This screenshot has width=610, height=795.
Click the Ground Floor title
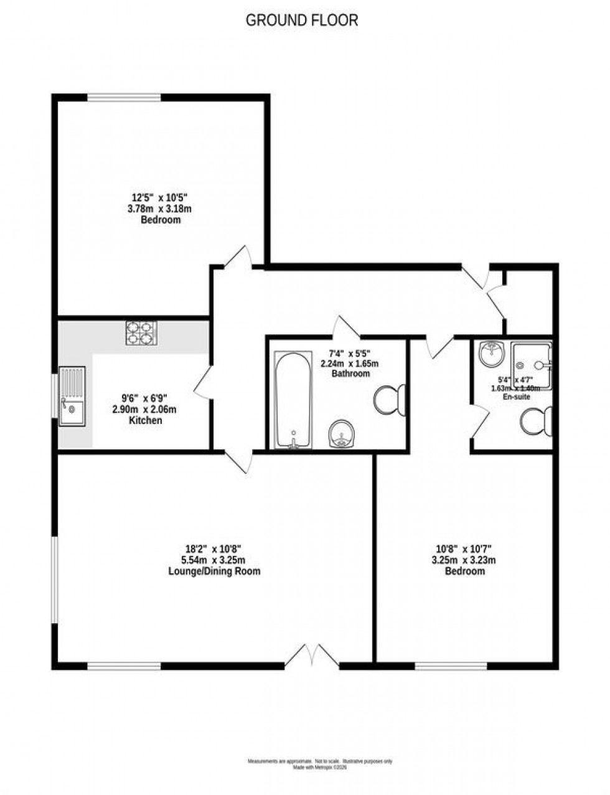(x=302, y=20)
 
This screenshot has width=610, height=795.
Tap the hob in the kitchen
(x=141, y=333)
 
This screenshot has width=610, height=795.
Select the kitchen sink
(x=72, y=396)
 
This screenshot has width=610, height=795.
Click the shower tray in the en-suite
(x=531, y=362)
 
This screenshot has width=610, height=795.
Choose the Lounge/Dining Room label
(x=213, y=571)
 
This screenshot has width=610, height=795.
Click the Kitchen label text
(x=145, y=420)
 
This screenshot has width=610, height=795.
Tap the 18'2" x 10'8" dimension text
(x=213, y=549)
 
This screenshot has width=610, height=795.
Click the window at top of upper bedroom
(x=124, y=96)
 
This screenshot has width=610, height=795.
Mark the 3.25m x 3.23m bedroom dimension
(x=464, y=560)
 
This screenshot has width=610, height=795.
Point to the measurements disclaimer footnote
(x=320, y=761)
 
